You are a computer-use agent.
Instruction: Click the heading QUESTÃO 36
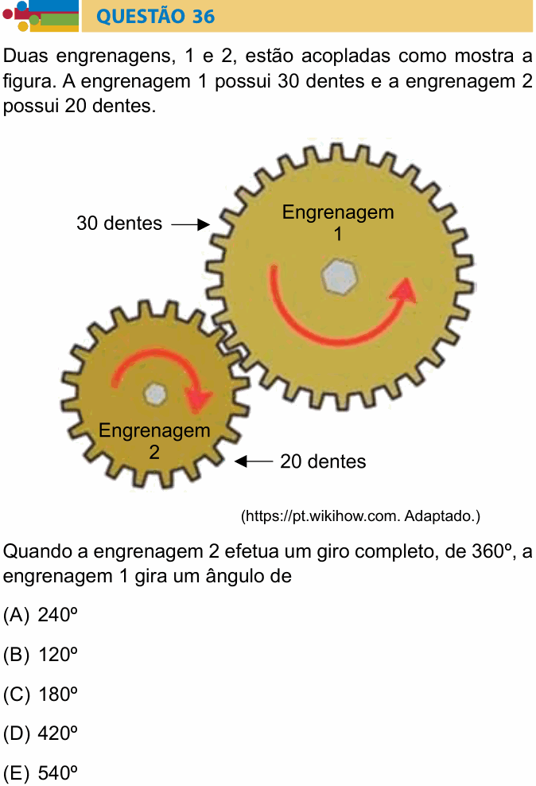[x=155, y=16]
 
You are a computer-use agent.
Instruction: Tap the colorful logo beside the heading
[x=41, y=16]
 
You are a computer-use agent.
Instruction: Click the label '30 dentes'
[x=119, y=224]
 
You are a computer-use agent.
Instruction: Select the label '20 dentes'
[x=323, y=461]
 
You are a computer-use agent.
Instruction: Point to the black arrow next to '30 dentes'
[x=191, y=224]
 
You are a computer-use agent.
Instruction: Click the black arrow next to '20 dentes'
[x=254, y=461]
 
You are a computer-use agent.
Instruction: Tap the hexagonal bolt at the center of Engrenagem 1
[x=339, y=277]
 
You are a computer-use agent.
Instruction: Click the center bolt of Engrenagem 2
[x=155, y=394]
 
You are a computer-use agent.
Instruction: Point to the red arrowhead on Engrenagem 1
[x=404, y=292]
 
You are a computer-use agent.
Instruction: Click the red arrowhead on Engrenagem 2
[x=200, y=399]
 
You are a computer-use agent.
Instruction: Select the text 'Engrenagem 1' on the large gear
[x=338, y=223]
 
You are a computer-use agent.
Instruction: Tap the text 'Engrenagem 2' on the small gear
[x=154, y=441]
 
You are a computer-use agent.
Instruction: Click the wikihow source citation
[x=361, y=516]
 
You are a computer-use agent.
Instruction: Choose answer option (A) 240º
[x=41, y=615]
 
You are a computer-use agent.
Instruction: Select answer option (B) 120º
[x=41, y=655]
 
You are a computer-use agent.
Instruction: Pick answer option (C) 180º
[x=41, y=695]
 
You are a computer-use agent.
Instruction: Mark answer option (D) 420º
[x=41, y=733]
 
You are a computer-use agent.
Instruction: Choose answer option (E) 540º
[x=41, y=773]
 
